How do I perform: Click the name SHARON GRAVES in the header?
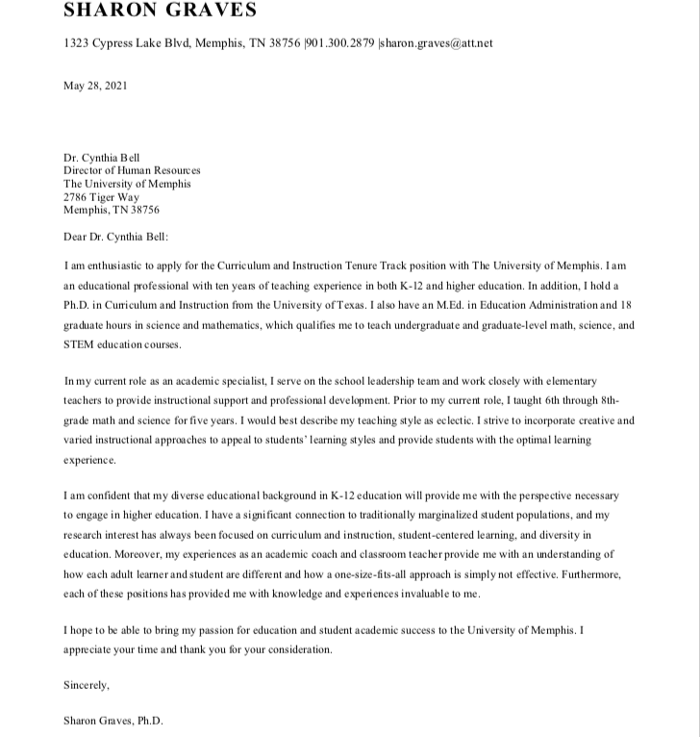pyautogui.click(x=161, y=12)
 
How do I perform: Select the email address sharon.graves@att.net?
pyautogui.click(x=437, y=43)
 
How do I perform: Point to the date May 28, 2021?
pyautogui.click(x=95, y=86)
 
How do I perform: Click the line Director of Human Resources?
pyautogui.click(x=132, y=170)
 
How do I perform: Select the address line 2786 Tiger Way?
pyautogui.click(x=101, y=197)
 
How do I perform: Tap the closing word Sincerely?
pyautogui.click(x=87, y=686)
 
